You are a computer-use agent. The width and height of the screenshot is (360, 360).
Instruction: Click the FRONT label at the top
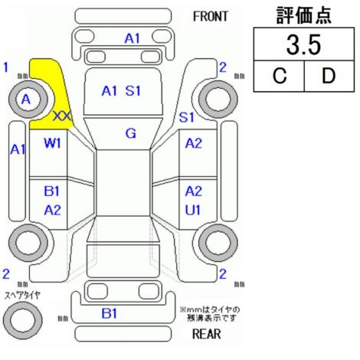pos(210,17)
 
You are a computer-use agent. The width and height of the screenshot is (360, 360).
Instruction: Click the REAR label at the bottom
pos(207,333)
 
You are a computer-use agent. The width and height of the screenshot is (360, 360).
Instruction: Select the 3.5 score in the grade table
pos(303,45)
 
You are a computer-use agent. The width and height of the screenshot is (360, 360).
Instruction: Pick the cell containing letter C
pos(279,76)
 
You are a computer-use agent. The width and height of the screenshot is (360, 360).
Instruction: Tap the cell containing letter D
pos(329,76)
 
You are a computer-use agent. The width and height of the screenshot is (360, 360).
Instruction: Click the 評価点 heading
pos(304,15)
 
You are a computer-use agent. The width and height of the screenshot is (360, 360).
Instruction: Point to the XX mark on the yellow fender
pos(62,116)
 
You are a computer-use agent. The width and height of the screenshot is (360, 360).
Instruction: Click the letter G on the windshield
pos(131,133)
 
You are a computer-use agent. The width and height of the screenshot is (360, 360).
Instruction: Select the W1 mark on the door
pos(52,143)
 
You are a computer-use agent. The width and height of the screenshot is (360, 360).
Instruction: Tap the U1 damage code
pos(193,210)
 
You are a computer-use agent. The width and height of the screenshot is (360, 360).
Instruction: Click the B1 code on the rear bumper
pos(110,313)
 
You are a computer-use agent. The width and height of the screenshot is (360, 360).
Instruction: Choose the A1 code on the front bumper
pos(133,38)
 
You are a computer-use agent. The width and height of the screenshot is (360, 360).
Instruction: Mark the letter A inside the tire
pos(26,99)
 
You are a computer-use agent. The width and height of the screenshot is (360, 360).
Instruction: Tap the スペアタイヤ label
pos(22,296)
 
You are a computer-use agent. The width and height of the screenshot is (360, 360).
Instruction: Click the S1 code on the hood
pos(133,90)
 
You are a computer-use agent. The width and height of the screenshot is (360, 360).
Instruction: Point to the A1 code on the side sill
pos(18,149)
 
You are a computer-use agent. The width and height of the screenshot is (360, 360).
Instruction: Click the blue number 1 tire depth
pos(5,67)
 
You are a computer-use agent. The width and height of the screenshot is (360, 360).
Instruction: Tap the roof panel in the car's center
pos(123,183)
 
